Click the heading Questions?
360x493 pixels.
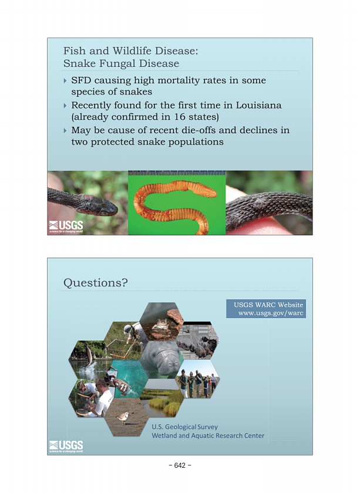[96, 283]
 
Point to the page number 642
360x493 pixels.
[180, 465]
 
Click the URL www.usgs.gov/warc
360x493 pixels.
[271, 313]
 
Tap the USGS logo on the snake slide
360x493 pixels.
[66, 227]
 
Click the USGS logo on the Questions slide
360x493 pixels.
[66, 447]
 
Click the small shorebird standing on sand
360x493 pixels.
[123, 417]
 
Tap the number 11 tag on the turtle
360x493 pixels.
[123, 388]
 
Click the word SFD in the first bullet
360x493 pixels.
[81, 80]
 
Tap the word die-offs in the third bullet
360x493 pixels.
[196, 130]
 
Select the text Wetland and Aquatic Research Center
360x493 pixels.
[208, 435]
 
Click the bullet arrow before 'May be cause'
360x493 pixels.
[65, 130]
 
